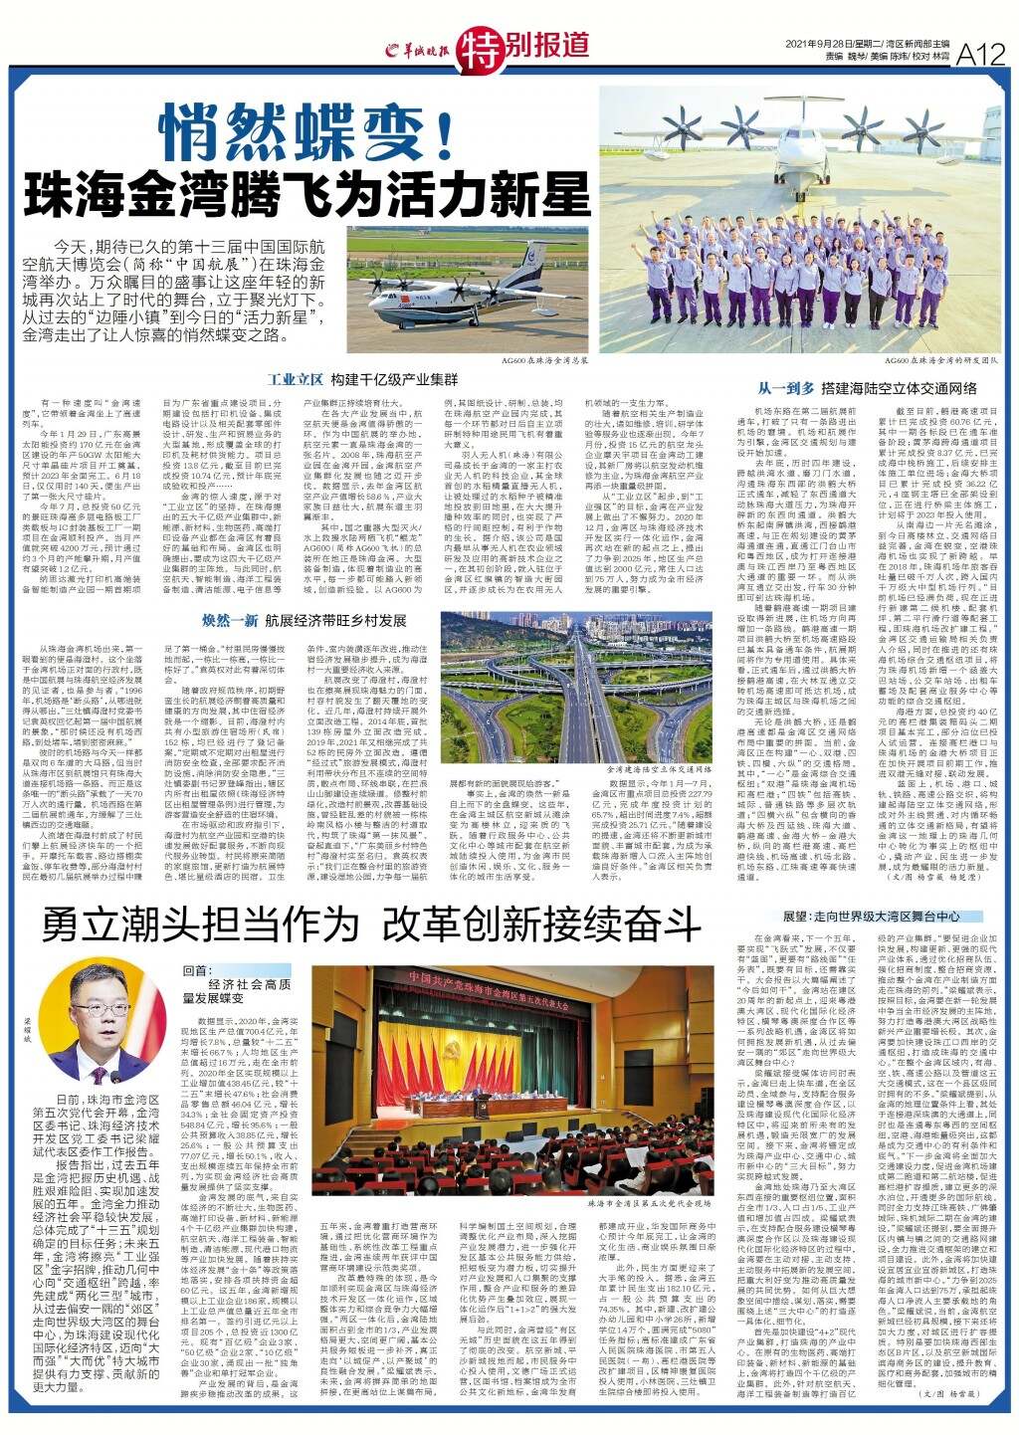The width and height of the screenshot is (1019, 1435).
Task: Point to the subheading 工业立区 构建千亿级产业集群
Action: [363, 380]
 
